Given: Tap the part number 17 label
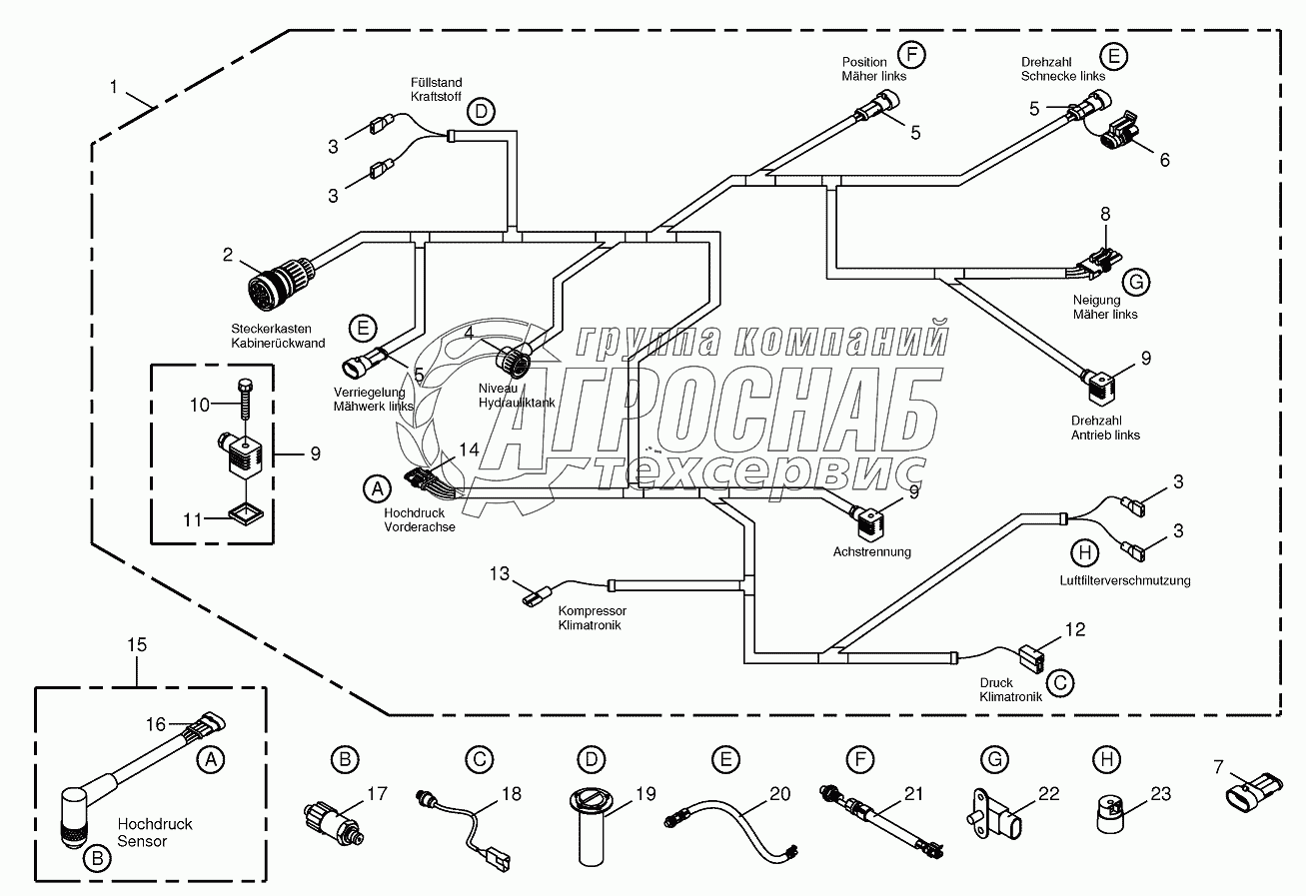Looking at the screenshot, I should tap(376, 795).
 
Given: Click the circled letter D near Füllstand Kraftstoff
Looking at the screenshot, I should tap(482, 112).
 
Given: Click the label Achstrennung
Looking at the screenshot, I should tap(871, 551).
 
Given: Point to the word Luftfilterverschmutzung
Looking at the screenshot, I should tap(1125, 579).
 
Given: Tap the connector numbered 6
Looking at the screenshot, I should tap(1116, 132).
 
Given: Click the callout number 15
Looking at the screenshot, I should tap(136, 645).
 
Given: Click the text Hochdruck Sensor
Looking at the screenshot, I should tap(155, 832).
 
